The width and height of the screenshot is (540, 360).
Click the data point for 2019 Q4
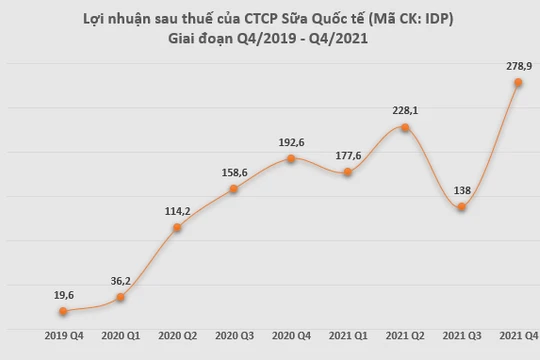pyautogui.click(x=63, y=312)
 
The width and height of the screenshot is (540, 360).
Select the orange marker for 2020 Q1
pyautogui.click(x=120, y=297)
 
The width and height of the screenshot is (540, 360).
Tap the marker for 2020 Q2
pyautogui.click(x=177, y=228)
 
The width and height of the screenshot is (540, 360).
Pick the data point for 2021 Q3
pyautogui.click(x=461, y=207)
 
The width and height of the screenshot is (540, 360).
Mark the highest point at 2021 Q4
pyautogui.click(x=518, y=83)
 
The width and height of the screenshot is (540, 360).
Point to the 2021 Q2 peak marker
pyautogui.click(x=404, y=128)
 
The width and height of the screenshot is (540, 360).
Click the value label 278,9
pyautogui.click(x=518, y=64)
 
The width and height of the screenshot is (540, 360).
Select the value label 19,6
pyautogui.click(x=63, y=294)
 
